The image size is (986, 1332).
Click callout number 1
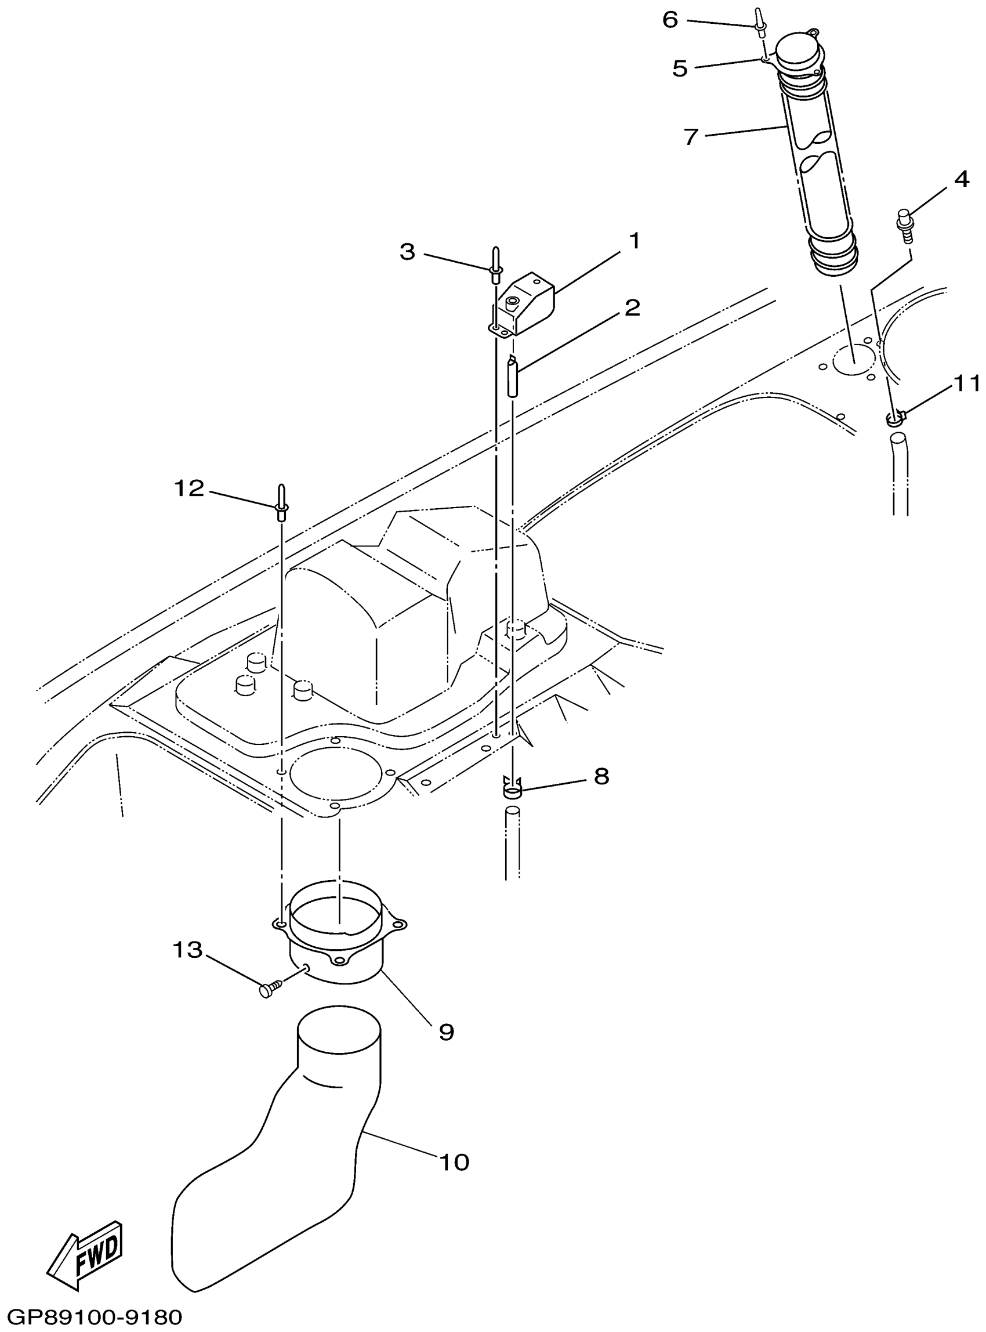tap(635, 242)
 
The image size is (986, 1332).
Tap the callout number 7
tap(691, 137)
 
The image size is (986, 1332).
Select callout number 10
tap(454, 1162)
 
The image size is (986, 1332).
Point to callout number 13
tap(188, 949)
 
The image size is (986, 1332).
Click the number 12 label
tap(189, 488)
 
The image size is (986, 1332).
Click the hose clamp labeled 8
tap(513, 791)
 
